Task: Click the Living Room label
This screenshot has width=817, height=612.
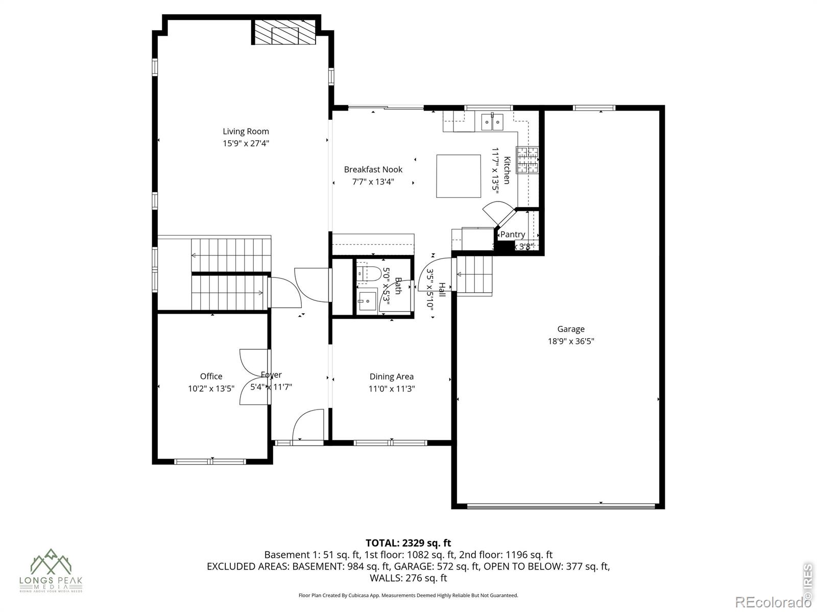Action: [246, 132]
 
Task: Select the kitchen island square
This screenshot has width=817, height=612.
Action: [458, 176]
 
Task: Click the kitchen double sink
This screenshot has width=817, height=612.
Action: [492, 122]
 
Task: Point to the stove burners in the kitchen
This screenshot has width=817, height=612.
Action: [527, 160]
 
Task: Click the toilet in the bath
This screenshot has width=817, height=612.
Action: [369, 274]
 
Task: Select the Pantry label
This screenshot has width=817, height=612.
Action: [512, 234]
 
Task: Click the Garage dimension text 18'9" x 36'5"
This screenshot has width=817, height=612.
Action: [571, 341]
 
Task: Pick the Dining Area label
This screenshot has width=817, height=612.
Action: [392, 376]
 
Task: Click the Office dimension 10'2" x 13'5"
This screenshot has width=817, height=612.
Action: [211, 389]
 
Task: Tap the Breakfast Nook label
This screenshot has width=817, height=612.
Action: [373, 169]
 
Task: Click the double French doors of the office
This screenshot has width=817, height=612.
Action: [253, 377]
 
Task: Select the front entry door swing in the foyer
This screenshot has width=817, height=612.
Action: [307, 425]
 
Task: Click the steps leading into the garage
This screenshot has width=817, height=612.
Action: [475, 275]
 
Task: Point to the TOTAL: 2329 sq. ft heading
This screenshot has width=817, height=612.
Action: [408, 543]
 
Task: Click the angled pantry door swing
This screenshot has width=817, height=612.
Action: [498, 213]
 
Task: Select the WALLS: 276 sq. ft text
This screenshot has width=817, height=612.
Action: [408, 578]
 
